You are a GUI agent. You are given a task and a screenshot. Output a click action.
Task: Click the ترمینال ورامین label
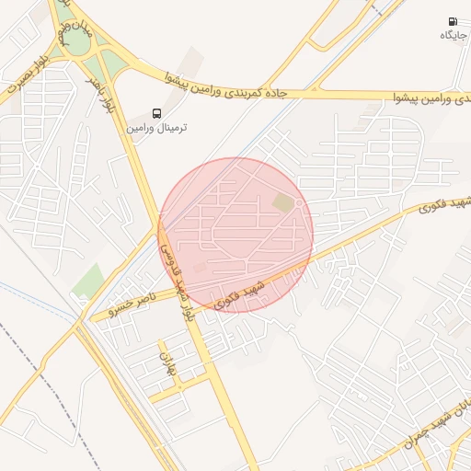click(155, 128)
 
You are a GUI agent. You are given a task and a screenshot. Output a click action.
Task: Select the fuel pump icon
click(452, 21)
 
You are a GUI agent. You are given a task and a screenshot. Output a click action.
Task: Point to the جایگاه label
click(452, 35)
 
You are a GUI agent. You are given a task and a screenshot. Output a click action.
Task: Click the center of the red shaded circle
click(236, 235)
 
